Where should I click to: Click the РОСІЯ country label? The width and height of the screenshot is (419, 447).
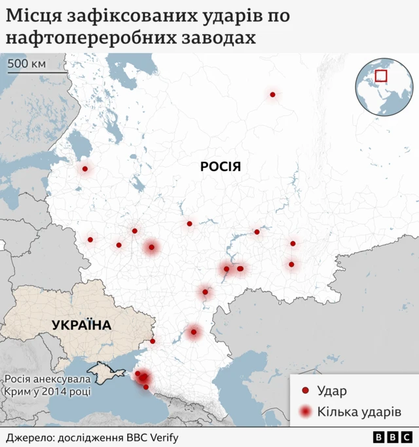coord(221,166)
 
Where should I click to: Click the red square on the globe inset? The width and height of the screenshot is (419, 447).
coord(381,76)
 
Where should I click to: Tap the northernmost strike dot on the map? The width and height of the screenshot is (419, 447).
coord(272,95)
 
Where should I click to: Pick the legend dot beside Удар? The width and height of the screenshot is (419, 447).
coord(305,391)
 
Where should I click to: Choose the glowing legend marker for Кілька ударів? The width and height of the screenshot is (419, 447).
coord(305,412)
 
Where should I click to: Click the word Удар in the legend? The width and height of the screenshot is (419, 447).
coord(332,391)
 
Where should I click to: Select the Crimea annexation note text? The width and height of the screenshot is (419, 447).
coord(46,385)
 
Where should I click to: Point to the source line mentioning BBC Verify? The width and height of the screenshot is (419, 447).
coord(92,437)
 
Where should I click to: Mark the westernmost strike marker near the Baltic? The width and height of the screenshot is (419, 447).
coord(85,169)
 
